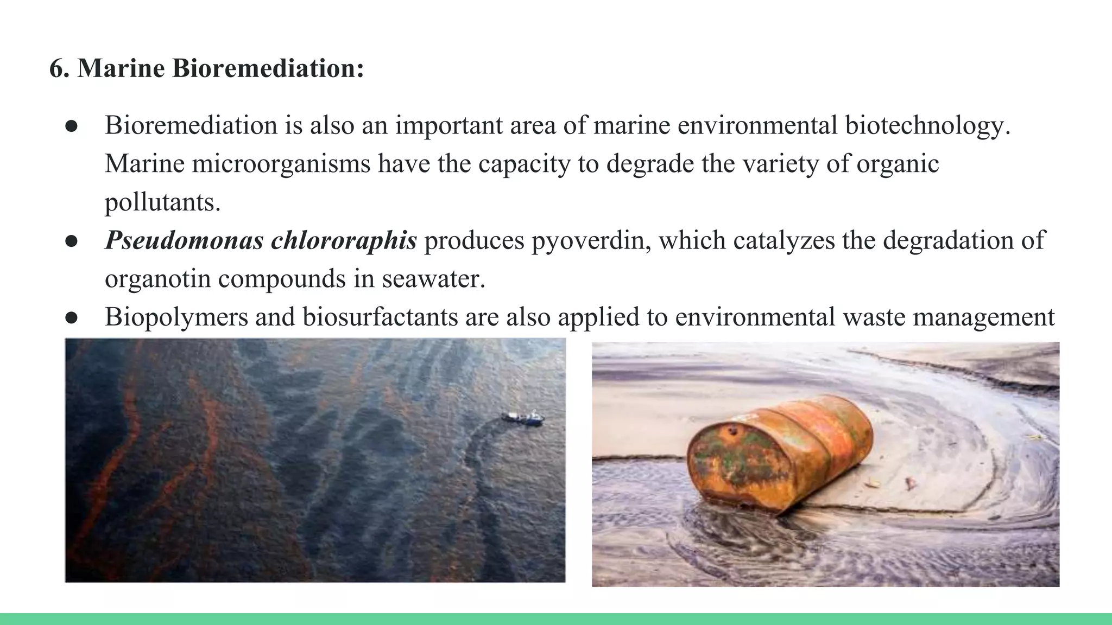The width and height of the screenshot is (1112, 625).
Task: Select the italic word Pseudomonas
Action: click(x=184, y=240)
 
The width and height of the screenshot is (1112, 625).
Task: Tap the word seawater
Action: click(x=433, y=279)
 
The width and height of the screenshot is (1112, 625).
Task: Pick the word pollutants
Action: click(x=162, y=202)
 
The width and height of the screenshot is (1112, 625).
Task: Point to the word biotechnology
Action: click(x=927, y=125)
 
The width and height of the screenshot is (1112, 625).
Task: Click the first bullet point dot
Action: click(x=72, y=126)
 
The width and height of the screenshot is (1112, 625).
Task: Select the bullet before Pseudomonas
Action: click(x=72, y=241)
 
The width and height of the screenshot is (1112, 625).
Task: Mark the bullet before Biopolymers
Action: click(x=72, y=318)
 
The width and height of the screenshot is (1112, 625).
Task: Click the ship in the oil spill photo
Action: click(x=522, y=417)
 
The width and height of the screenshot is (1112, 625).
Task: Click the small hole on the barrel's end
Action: click(x=734, y=431)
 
